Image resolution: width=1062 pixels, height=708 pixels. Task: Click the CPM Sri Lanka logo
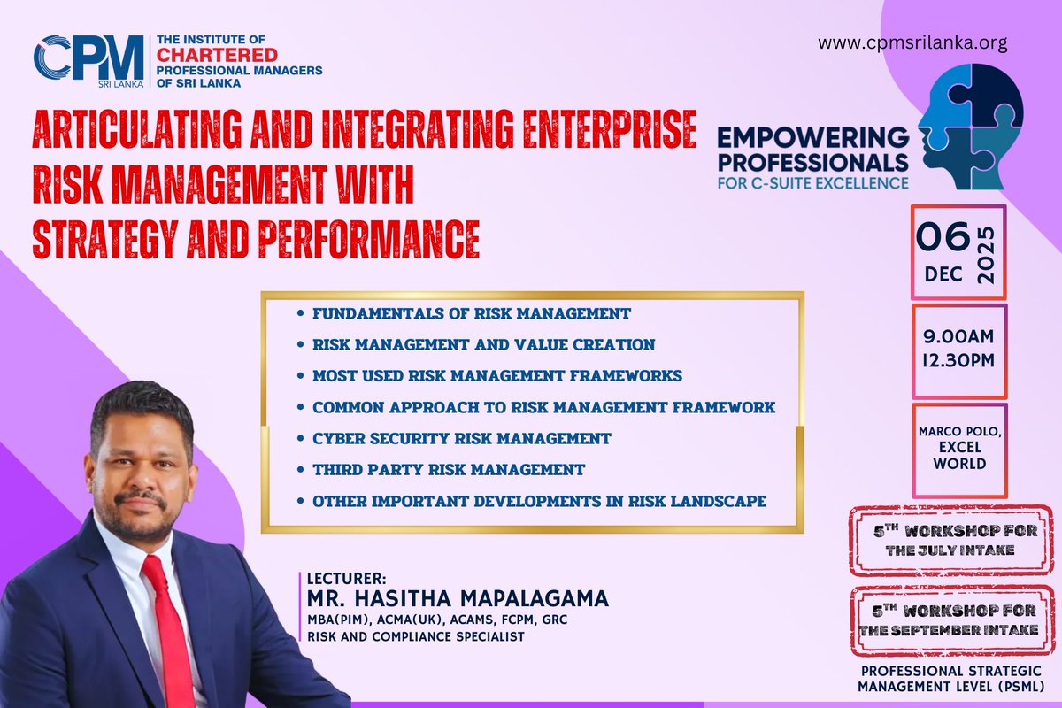pyautogui.click(x=88, y=61)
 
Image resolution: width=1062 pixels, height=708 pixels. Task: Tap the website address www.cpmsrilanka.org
pyautogui.click(x=912, y=42)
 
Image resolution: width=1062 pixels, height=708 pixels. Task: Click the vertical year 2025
pyautogui.click(x=988, y=254)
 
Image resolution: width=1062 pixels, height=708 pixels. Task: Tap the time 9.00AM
pyautogui.click(x=958, y=337)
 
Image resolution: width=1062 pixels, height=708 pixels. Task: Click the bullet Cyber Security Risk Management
pyautogui.click(x=461, y=438)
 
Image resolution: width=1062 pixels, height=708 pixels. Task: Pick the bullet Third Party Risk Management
pyautogui.click(x=448, y=469)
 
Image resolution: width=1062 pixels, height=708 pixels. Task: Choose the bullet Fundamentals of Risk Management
pyautogui.click(x=471, y=313)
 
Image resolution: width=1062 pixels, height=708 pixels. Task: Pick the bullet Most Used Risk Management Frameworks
pyautogui.click(x=496, y=375)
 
